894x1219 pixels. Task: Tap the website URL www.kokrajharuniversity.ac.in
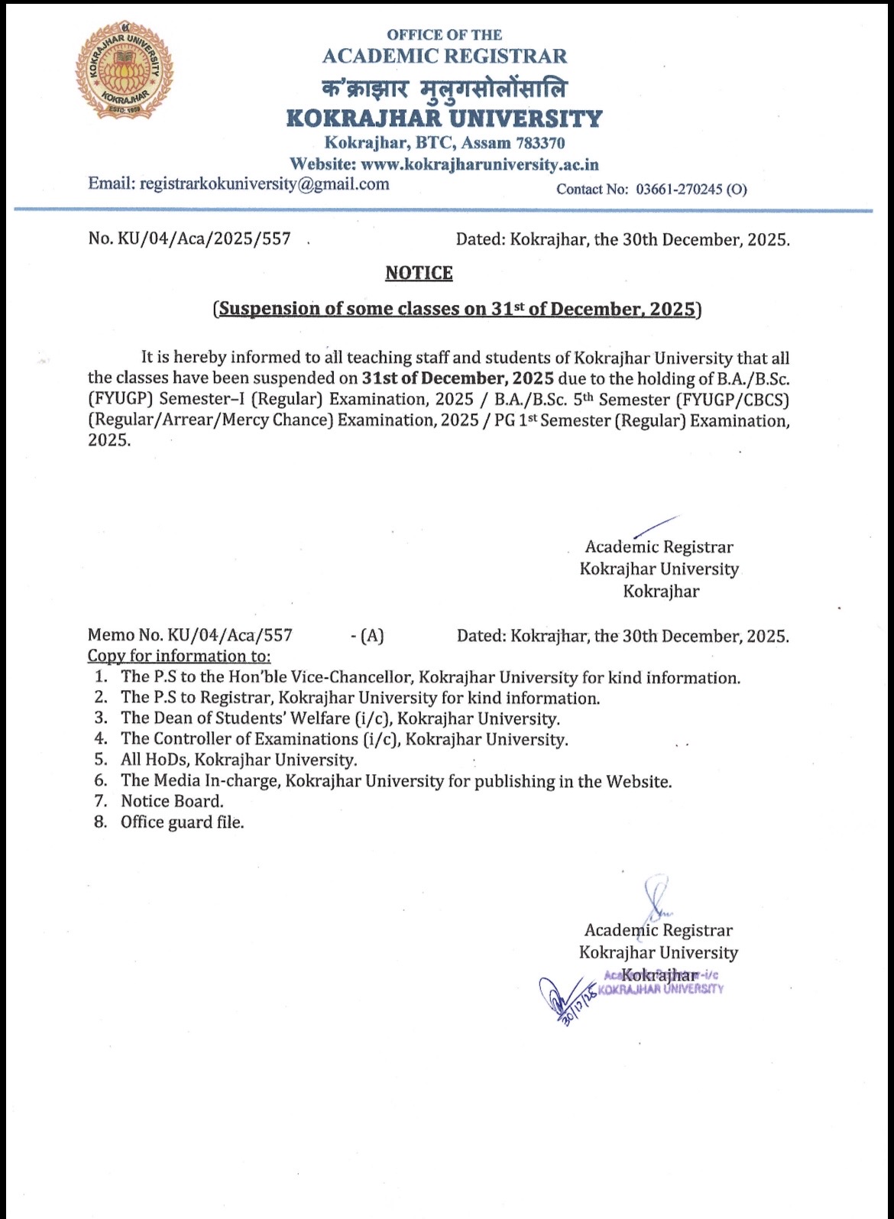click(x=480, y=164)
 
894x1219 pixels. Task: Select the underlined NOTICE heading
click(x=419, y=273)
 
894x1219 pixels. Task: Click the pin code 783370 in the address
click(x=540, y=143)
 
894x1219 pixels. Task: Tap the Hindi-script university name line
click(x=445, y=89)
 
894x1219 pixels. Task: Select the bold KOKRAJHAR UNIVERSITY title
click(x=444, y=118)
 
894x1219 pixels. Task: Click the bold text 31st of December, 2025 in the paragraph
click(x=457, y=378)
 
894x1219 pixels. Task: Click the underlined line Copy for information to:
click(x=179, y=656)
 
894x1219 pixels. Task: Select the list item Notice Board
click(x=172, y=801)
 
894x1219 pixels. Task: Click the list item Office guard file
click(x=182, y=822)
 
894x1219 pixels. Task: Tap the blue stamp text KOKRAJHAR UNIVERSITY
click(x=660, y=989)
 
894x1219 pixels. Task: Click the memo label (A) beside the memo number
click(x=372, y=635)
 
